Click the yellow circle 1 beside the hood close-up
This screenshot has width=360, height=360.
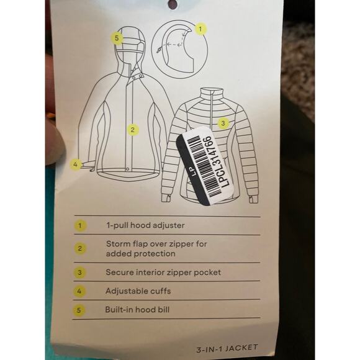(x=200, y=29)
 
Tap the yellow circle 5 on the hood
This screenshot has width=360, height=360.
(x=117, y=37)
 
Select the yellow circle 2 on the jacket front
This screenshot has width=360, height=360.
(x=132, y=130)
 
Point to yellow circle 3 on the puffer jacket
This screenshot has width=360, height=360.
(x=223, y=124)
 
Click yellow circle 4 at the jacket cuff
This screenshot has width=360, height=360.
(x=76, y=164)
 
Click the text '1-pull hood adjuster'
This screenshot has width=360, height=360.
(x=145, y=225)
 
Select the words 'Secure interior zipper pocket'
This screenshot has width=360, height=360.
(x=163, y=272)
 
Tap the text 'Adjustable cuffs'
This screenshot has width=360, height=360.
(x=138, y=291)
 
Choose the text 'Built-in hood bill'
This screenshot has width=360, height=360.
(x=137, y=310)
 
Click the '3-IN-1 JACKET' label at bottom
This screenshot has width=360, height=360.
(x=227, y=349)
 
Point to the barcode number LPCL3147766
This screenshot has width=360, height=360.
(x=217, y=161)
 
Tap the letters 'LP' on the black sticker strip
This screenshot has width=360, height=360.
(x=194, y=172)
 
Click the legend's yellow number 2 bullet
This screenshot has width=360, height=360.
(x=80, y=248)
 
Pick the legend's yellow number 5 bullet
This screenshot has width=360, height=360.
(x=79, y=310)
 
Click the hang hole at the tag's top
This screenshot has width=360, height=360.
(x=173, y=4)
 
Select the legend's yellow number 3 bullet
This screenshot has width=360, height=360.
(x=79, y=272)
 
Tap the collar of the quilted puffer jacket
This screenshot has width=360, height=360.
(x=212, y=94)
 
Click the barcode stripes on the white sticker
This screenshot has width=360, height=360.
(x=202, y=166)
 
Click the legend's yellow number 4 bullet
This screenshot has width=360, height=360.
(x=79, y=292)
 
